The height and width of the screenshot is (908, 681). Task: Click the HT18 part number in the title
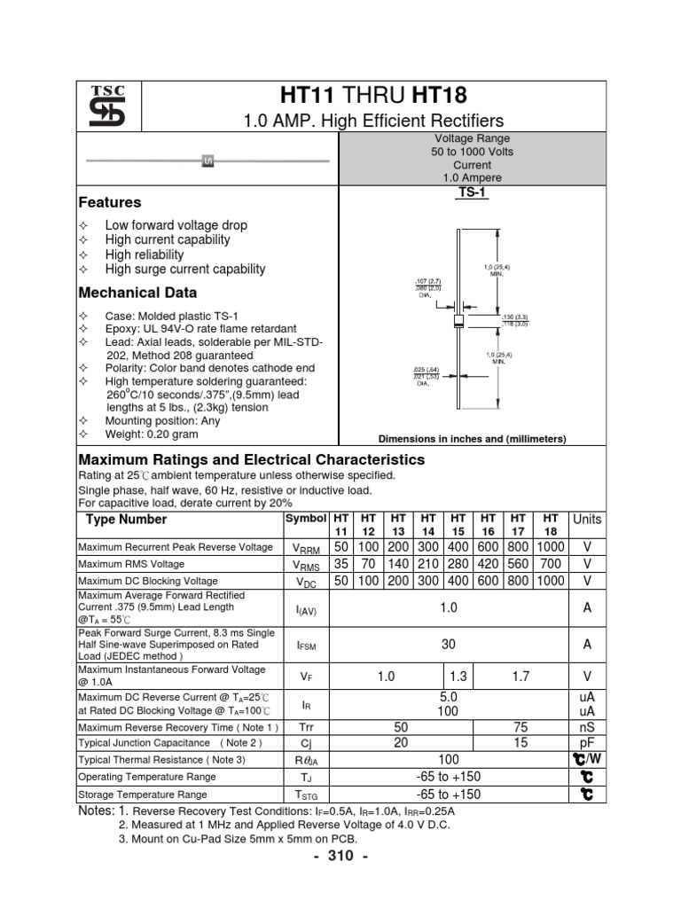(434, 96)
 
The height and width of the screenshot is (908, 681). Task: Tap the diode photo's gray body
(209, 160)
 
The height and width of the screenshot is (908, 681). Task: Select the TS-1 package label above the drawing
(466, 192)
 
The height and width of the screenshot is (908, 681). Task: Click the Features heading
(110, 202)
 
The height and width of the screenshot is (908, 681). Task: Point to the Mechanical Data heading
(137, 293)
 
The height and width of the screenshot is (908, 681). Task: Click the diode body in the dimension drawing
(458, 320)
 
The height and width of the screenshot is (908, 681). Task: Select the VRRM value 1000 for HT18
(550, 547)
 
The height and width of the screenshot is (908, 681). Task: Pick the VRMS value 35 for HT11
(341, 564)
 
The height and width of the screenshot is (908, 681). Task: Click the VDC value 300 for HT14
(428, 580)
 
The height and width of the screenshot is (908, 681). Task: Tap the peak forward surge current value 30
(449, 645)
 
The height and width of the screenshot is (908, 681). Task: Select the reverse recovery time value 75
(521, 726)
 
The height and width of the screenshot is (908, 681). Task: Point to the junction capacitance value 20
(400, 742)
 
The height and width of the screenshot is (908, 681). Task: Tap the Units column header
(587, 519)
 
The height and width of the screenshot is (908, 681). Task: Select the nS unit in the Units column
(587, 726)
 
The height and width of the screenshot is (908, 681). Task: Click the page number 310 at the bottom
(340, 856)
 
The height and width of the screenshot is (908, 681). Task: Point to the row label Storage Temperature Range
(143, 794)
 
